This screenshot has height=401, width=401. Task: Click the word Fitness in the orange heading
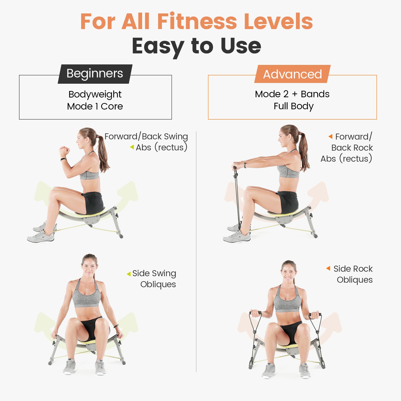coord(197,21)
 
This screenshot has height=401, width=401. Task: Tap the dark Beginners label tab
coord(95,74)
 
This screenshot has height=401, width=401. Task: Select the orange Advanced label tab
coord(292,74)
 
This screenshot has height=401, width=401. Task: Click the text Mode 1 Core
coord(95,106)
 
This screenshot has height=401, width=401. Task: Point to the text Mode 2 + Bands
coord(292,94)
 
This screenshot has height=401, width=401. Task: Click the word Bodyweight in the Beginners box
coord(95,94)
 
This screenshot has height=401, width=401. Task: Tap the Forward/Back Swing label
coord(146,136)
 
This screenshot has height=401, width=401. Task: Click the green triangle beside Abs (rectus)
coord(132,147)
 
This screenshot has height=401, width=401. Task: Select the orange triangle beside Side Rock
coord(328,268)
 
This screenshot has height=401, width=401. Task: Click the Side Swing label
coord(154,273)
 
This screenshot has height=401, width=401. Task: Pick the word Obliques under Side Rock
coord(355,280)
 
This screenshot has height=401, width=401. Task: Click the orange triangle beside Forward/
coord(330,136)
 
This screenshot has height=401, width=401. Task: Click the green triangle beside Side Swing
coord(129,274)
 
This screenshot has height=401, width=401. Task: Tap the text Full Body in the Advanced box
coord(293,106)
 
